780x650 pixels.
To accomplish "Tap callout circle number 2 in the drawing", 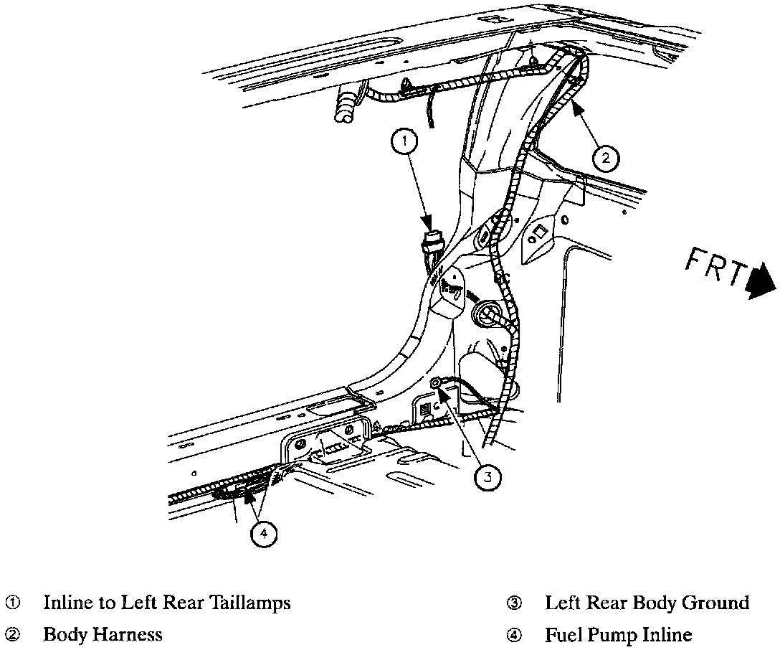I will click(x=606, y=157).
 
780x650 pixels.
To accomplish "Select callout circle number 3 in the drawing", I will click(x=487, y=476).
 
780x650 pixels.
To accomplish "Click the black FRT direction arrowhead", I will click(x=762, y=281).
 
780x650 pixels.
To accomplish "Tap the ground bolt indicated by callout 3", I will click(x=435, y=385).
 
